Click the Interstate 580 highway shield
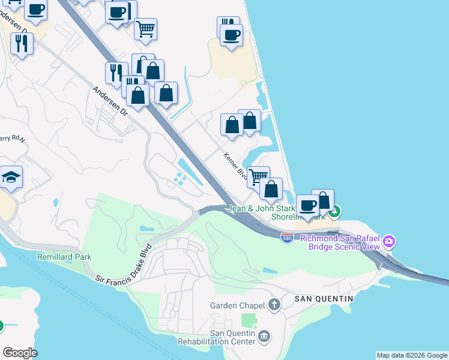[x=288, y=238]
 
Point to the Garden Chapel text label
[x=237, y=305]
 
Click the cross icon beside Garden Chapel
[x=274, y=305]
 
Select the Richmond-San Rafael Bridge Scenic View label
[x=340, y=242]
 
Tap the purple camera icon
[x=390, y=242]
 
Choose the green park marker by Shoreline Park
[x=336, y=211]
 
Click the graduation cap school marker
[x=11, y=177]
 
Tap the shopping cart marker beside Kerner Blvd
[x=259, y=176]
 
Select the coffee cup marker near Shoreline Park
[x=308, y=205]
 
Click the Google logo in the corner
[x=20, y=353]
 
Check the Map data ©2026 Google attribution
[x=411, y=355]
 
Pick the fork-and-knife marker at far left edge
[x=22, y=43]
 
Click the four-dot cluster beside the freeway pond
[x=179, y=178]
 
